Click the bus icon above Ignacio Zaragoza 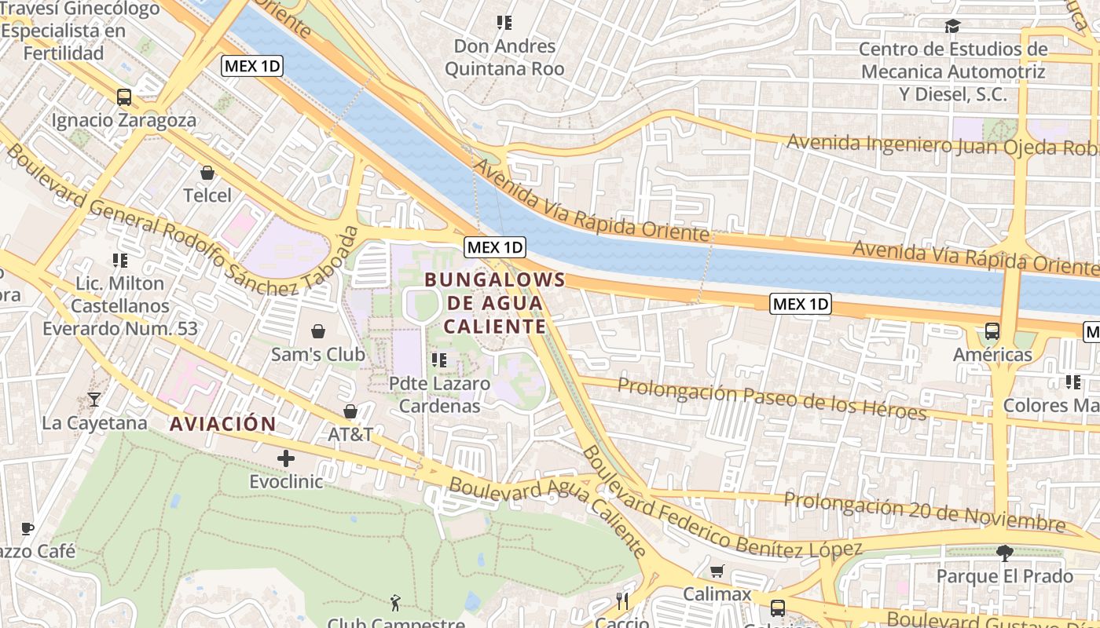coord(123,97)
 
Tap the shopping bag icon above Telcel coord(207,172)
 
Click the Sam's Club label coord(317,354)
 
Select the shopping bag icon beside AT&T coord(350,411)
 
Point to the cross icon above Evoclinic coord(286,458)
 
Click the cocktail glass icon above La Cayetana coord(94,400)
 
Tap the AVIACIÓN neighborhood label coord(223,425)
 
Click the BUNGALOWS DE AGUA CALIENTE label coord(495,303)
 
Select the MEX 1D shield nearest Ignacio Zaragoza coord(252,66)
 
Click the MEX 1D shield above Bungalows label coord(494,247)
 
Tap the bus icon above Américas coord(992,331)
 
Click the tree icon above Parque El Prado coord(1004,553)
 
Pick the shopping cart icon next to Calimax coord(717,571)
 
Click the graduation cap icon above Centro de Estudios coord(952,27)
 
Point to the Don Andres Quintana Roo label coord(504,57)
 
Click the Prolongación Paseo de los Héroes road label coord(772,398)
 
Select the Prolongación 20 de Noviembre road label coord(924,512)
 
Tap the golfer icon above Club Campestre coord(395,603)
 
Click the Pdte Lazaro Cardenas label coord(440,395)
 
